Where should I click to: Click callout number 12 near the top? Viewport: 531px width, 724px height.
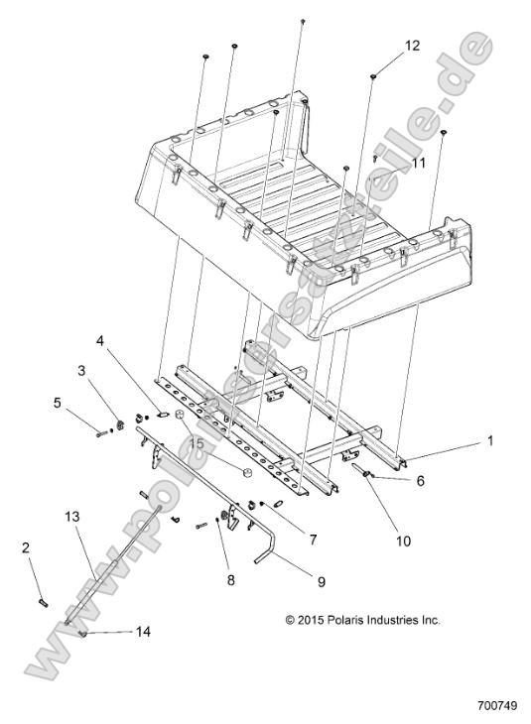tap(412, 46)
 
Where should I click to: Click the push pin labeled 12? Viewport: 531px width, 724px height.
tap(372, 74)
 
